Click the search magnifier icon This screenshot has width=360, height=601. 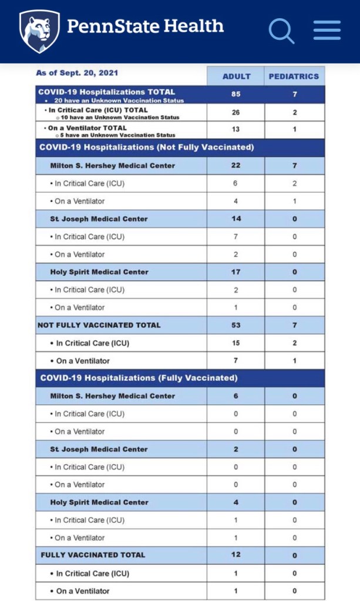[x=282, y=30]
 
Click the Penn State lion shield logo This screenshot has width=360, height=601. [x=39, y=31]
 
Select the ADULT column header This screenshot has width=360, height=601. [x=236, y=76]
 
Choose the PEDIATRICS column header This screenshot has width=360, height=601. [x=294, y=76]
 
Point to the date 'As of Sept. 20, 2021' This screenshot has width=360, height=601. [x=77, y=73]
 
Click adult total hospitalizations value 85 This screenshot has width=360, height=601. [x=236, y=94]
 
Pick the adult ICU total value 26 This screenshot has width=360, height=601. [x=236, y=112]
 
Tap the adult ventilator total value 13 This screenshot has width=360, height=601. [x=236, y=129]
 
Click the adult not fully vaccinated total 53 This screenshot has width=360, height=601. [x=236, y=325]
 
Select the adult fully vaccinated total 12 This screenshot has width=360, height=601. [x=236, y=555]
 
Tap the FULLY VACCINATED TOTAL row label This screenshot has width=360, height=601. [x=93, y=555]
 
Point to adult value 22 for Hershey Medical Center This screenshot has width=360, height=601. [x=236, y=166]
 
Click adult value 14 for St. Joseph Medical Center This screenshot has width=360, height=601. [x=236, y=219]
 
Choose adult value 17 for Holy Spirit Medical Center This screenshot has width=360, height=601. [x=236, y=272]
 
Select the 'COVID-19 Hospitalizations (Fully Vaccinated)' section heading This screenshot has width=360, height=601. [x=138, y=378]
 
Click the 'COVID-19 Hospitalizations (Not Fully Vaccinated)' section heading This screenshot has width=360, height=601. [x=146, y=147]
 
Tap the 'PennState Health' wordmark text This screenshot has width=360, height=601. [x=145, y=26]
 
